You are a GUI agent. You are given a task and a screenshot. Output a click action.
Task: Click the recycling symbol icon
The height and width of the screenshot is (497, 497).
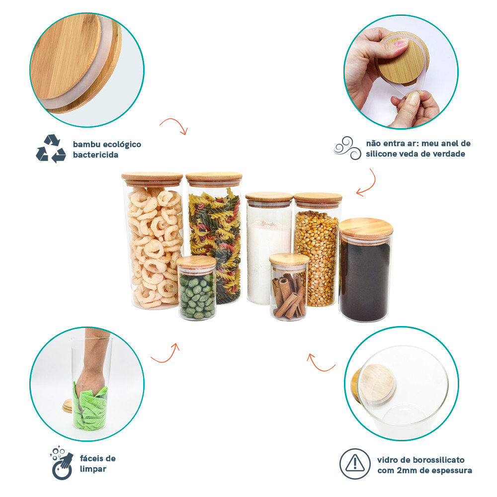pyautogui.click(x=51, y=149)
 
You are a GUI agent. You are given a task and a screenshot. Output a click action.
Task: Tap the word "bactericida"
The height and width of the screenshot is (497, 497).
pyautogui.click(x=95, y=155)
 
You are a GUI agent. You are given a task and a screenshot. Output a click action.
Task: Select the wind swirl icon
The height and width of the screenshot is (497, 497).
pyautogui.click(x=347, y=148)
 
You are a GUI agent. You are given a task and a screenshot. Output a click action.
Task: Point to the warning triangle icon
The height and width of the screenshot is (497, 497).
pyautogui.click(x=355, y=464)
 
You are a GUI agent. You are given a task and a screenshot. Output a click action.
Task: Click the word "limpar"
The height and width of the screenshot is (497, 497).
pyautogui.click(x=93, y=469)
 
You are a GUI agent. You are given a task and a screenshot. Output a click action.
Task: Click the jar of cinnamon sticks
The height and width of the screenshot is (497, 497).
pyautogui.click(x=289, y=287)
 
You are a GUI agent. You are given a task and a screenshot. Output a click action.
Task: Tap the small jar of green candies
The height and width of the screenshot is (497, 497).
pyautogui.click(x=196, y=288)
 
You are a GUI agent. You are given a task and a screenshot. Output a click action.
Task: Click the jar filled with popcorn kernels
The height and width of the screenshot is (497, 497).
pyautogui.click(x=317, y=250)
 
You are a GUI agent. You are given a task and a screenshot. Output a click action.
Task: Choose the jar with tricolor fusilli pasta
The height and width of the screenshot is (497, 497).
pyautogui.click(x=214, y=238)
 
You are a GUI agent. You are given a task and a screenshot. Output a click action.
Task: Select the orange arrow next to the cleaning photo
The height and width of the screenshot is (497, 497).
pyautogui.click(x=166, y=354)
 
